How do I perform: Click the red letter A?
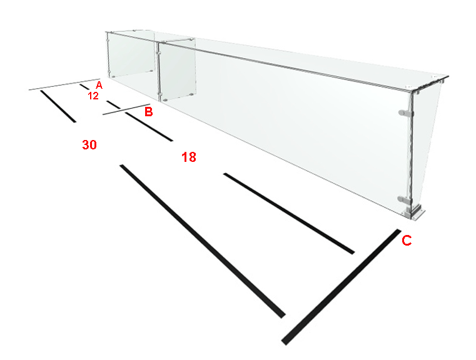pos(99,85)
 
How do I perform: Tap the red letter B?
pos(148,112)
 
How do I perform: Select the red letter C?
pos(407,241)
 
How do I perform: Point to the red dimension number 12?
pos(93,96)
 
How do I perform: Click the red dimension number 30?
pos(89,144)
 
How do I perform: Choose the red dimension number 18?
pos(188,157)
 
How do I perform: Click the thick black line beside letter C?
pos(341,287)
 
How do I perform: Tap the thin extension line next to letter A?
pos(64,84)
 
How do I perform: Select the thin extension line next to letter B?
pos(126,109)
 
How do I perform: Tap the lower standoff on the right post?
pos(405,199)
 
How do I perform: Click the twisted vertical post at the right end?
pos(412,152)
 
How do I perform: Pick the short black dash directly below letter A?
pos(84,87)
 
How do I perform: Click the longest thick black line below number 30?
pos(203,241)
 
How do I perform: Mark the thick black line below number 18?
pos(289,213)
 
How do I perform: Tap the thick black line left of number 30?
pos(58,106)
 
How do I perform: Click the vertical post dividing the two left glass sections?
pos(158,72)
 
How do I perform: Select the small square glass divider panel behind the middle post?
pos(176,71)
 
